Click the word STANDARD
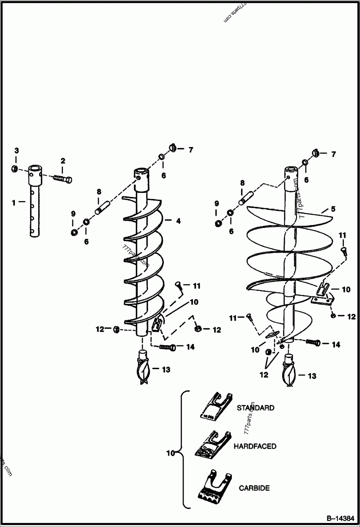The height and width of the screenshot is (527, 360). click(x=255, y=408)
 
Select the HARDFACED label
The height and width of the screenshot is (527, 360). click(x=255, y=447)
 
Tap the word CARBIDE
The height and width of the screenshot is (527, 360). click(x=254, y=487)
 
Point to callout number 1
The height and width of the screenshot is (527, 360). click(x=14, y=203)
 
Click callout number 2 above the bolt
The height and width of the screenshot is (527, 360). click(x=63, y=161)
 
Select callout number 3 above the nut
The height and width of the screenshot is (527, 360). click(x=16, y=151)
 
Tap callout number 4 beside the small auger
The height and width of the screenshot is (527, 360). click(x=178, y=221)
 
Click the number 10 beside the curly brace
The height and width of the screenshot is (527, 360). click(x=170, y=454)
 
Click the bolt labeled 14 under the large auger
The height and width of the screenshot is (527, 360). click(x=313, y=343)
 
